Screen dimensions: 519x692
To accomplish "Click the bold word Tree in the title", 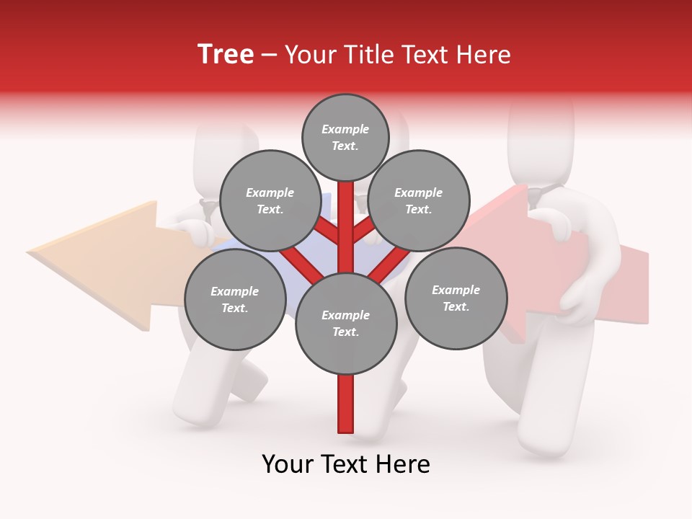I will (226, 55).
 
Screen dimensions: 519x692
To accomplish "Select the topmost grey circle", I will (345, 137).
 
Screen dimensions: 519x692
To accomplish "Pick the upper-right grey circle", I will (419, 200).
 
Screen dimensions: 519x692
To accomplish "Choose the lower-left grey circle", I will (235, 299).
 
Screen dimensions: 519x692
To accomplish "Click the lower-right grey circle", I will (456, 298).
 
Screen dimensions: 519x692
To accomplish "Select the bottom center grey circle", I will (346, 323).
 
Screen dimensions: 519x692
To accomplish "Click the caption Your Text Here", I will (346, 463).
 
